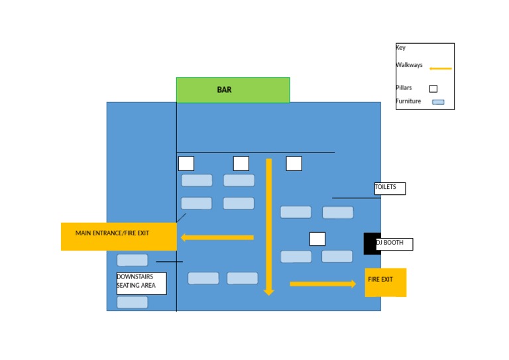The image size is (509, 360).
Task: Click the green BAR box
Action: pyautogui.click(x=233, y=90)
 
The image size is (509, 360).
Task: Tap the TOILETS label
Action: pyautogui.click(x=390, y=188)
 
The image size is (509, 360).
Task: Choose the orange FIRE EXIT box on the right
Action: pyautogui.click(x=385, y=282)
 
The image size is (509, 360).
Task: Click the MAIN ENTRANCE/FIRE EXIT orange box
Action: pyautogui.click(x=119, y=236)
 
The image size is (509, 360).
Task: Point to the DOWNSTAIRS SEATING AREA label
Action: pyautogui.click(x=141, y=283)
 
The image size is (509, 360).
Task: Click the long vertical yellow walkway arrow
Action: pyautogui.click(x=268, y=225)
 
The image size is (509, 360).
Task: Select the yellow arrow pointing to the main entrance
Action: pyautogui.click(x=217, y=237)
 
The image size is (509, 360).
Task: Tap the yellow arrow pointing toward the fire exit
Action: pyautogui.click(x=323, y=284)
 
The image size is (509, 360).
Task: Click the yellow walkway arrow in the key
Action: pyautogui.click(x=440, y=68)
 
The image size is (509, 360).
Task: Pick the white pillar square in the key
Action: pyautogui.click(x=433, y=88)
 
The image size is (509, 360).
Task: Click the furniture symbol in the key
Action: pyautogui.click(x=438, y=102)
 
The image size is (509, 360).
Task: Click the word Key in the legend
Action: pyautogui.click(x=401, y=48)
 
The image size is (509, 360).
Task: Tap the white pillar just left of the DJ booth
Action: pyautogui.click(x=317, y=239)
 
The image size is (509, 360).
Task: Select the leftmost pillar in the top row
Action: pyautogui.click(x=186, y=164)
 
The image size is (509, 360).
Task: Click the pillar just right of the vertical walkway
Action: pyautogui.click(x=294, y=163)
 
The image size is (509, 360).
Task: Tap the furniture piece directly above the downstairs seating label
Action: pyautogui.click(x=133, y=260)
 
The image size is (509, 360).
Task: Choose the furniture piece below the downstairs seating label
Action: pyautogui.click(x=133, y=302)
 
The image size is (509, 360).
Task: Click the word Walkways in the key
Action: pyautogui.click(x=410, y=65)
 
